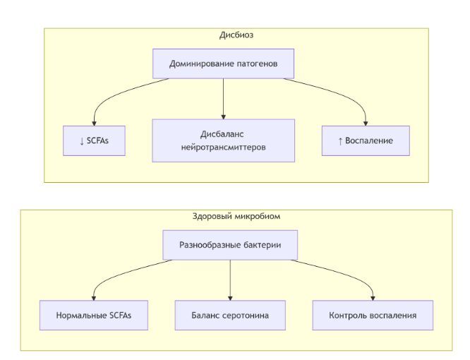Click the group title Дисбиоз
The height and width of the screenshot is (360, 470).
pos(236,35)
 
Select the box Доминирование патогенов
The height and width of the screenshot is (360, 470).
pos(223,64)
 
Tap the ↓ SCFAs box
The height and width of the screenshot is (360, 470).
pos(94,140)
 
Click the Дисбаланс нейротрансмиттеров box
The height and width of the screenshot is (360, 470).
pos(223,140)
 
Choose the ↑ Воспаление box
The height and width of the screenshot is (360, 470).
pos(366,140)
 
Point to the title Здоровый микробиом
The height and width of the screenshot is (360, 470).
pos(236,216)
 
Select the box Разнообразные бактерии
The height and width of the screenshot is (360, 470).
pos(230,245)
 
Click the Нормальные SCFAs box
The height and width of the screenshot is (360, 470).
pos(94,316)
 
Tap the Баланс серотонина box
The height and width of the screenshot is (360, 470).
pos(230,316)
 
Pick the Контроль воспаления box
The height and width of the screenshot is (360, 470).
pos(373,316)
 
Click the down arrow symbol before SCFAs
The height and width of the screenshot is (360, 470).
pos(82,141)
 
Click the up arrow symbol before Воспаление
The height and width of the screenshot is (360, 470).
pos(340,141)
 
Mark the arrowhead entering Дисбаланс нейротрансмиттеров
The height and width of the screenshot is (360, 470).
pos(223,117)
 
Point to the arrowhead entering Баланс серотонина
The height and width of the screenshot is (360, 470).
pos(230,299)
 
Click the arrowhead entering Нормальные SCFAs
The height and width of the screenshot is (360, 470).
pos(94,299)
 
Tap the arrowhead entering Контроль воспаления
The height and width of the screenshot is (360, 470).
pos(373,299)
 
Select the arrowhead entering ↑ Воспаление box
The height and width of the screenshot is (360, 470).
pos(366,124)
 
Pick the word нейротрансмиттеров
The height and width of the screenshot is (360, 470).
pos(223,148)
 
